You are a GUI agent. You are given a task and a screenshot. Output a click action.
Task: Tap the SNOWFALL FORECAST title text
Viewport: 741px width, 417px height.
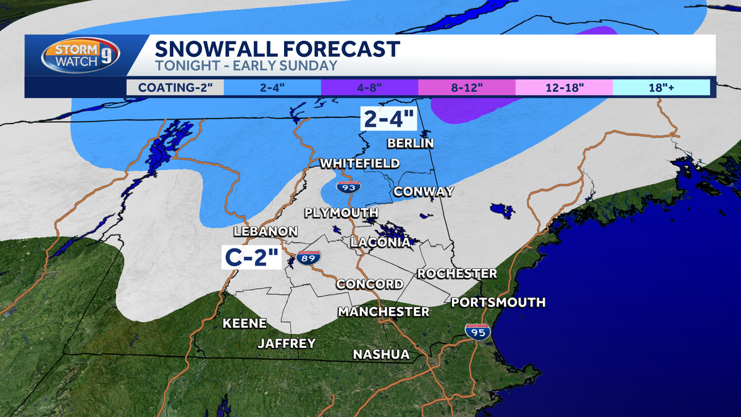pos(276,48)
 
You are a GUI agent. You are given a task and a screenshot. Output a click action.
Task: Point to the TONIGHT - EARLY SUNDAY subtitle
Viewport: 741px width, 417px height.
pos(245,65)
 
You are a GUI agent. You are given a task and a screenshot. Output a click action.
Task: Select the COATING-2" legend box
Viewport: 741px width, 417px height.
pos(175,87)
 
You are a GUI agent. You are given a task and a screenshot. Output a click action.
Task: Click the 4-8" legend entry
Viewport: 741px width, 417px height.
pos(369,87)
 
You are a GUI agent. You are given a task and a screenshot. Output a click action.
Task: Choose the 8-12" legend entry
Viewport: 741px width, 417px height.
pos(466,87)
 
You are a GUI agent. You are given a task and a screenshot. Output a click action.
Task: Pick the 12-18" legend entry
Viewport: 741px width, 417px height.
pos(564,87)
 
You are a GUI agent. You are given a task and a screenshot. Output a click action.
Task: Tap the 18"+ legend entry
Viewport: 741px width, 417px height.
pos(661,87)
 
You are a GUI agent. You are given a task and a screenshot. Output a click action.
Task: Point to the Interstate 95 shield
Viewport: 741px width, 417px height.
pos(478,332)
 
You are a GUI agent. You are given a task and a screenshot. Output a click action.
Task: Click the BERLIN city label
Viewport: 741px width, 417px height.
pos(410,143)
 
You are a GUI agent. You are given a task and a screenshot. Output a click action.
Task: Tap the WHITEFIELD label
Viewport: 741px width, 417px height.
pos(359,163)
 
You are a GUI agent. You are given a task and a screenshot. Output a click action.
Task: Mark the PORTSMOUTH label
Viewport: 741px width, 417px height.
pos(498,302)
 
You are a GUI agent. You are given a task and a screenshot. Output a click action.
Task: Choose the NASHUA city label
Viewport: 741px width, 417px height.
pos(381,354)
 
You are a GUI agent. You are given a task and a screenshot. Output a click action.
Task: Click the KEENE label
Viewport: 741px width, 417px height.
pos(245,323)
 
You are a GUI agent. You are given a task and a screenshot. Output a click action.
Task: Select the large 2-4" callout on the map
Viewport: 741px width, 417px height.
pos(390,118)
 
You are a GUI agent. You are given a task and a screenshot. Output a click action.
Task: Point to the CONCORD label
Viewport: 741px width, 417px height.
pos(369,284)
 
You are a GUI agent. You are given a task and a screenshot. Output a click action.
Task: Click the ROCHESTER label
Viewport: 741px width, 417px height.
pos(457,273)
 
